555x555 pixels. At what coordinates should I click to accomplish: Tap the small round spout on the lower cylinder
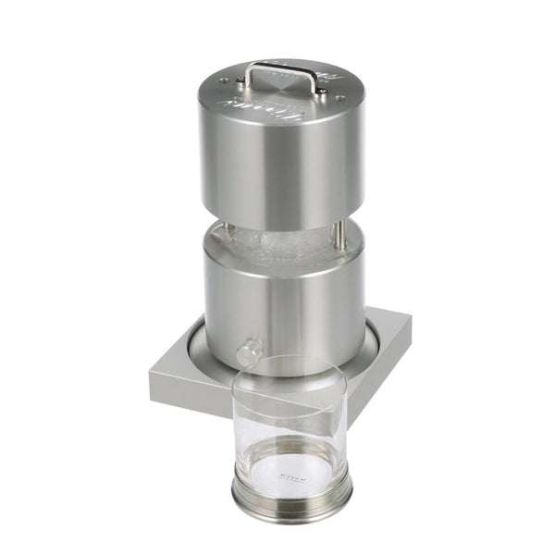[247, 353]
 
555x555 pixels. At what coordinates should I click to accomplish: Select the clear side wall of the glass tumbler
[250, 425]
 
